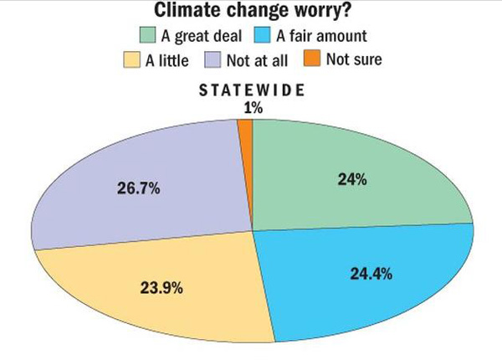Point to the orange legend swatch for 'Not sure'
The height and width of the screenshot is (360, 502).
(x=311, y=60)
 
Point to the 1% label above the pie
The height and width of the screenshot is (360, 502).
(x=248, y=106)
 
